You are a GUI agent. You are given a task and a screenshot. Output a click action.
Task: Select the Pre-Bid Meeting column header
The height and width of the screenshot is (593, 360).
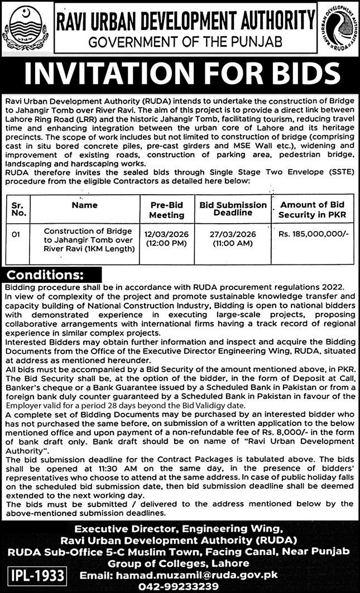pyautogui.click(x=166, y=210)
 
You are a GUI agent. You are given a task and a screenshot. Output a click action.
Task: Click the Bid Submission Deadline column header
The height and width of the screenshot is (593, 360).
pyautogui.click(x=233, y=209)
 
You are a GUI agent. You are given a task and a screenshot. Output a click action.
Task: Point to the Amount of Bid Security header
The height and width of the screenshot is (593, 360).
pyautogui.click(x=313, y=210)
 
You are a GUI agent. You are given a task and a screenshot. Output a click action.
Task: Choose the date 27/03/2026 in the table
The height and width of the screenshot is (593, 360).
pyautogui.click(x=233, y=235)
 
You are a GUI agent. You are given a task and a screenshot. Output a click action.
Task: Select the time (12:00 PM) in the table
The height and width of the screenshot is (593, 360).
pyautogui.click(x=166, y=244)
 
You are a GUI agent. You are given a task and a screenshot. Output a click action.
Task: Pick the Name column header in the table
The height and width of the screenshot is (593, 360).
pyautogui.click(x=85, y=205)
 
